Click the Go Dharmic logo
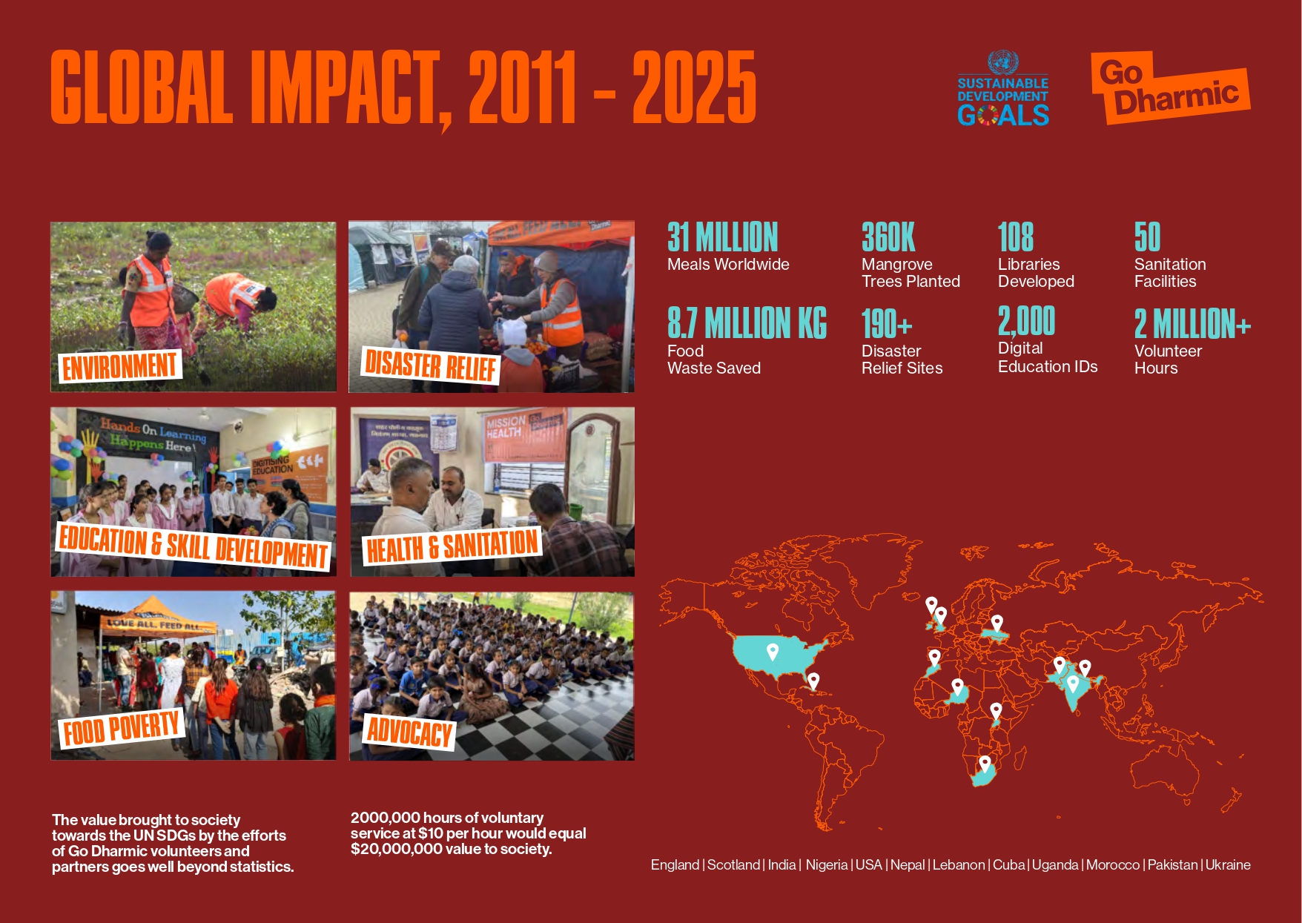pyautogui.click(x=1170, y=87)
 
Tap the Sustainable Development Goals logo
pyautogui.click(x=1003, y=88)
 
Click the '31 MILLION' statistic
pyautogui.click(x=722, y=237)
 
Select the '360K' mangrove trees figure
pyautogui.click(x=888, y=237)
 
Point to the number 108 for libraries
pyautogui.click(x=1016, y=237)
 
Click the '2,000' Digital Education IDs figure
pyautogui.click(x=1026, y=321)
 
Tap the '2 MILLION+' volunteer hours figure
pyautogui.click(x=1192, y=324)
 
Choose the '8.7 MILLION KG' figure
pyautogui.click(x=747, y=323)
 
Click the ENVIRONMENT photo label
pyautogui.click(x=120, y=366)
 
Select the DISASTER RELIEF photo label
pyautogui.click(x=431, y=365)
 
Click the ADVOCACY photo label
pyautogui.click(x=410, y=732)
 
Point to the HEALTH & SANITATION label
pyautogui.click(x=452, y=546)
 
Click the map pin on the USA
pyautogui.click(x=773, y=652)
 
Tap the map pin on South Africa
pyautogui.click(x=985, y=764)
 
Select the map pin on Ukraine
pyautogui.click(x=997, y=623)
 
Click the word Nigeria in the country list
pyautogui.click(x=827, y=864)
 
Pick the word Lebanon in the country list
pyautogui.click(x=959, y=864)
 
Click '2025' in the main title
pyautogui.click(x=694, y=87)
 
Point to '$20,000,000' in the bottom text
pyautogui.click(x=397, y=849)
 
